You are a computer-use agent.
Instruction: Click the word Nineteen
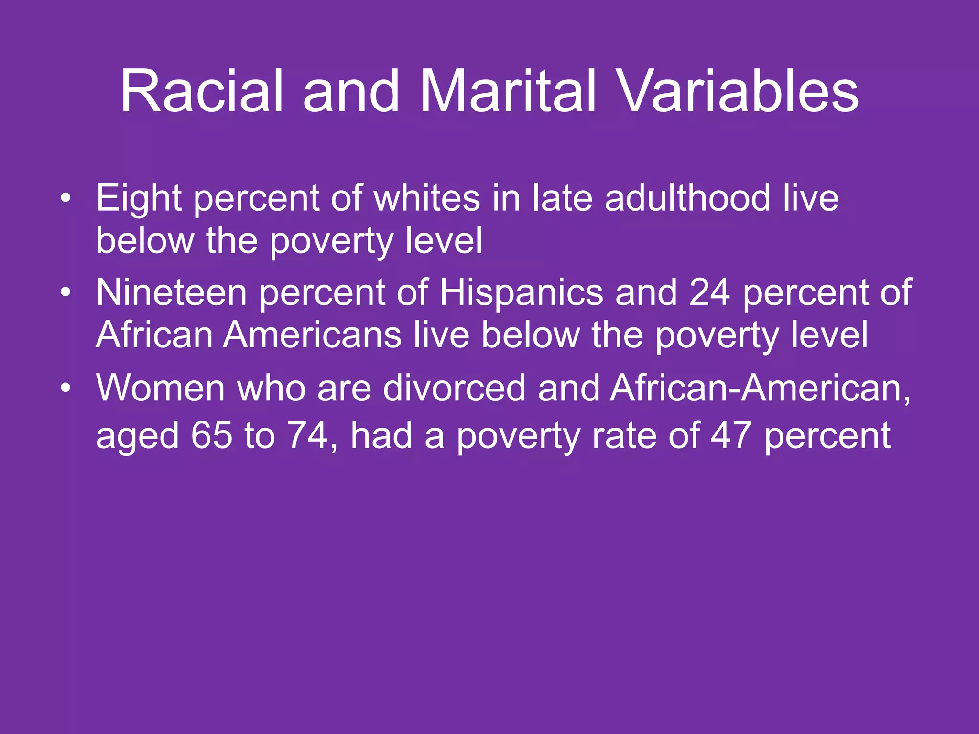pos(171,292)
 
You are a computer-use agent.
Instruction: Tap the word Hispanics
pos(521,292)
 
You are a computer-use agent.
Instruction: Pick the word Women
pos(160,388)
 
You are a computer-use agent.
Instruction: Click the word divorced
pos(454,388)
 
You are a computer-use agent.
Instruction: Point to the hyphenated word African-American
pos(760,388)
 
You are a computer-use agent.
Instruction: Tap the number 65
pos(212,435)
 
